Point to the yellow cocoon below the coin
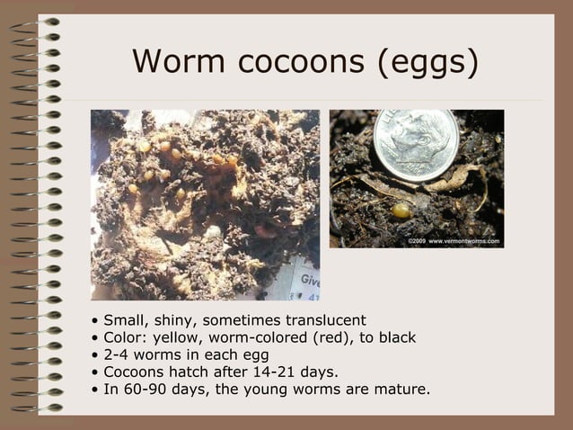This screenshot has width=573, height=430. pos(401,211)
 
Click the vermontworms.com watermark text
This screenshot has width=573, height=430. pos(463,241)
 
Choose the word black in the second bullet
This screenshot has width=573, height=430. pos(395,338)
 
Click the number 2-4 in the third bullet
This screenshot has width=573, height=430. pos(118,355)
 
